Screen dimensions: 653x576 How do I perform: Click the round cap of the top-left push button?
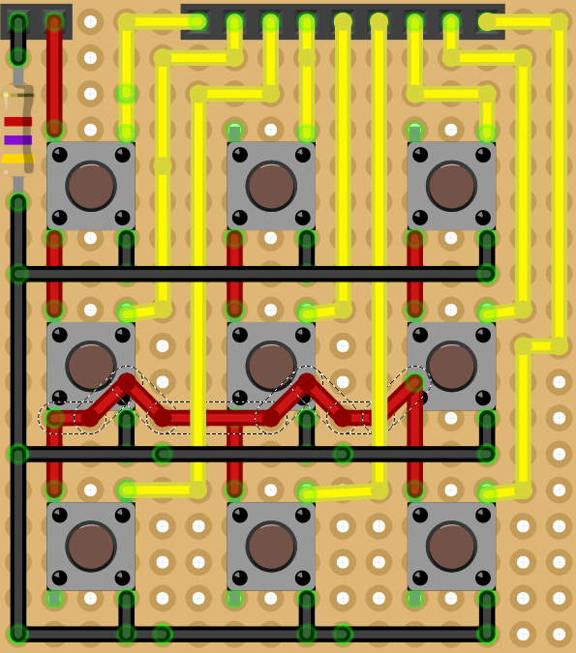tap(91, 186)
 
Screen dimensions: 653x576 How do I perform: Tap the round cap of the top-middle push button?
tap(271, 186)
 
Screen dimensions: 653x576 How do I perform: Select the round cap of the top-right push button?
tap(451, 186)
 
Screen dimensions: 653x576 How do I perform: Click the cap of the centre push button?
tap(271, 366)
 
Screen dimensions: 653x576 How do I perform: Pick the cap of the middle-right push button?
tap(451, 366)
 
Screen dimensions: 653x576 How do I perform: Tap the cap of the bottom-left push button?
tap(91, 547)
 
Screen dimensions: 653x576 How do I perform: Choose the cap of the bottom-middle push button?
tap(271, 547)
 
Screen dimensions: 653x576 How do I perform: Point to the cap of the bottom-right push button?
tap(451, 547)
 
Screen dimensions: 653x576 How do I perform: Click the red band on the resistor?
tap(17, 122)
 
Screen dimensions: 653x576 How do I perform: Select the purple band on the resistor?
tap(17, 140)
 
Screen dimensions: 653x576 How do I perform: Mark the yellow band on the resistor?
tap(17, 159)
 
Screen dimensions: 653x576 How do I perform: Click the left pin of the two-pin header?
tap(18, 21)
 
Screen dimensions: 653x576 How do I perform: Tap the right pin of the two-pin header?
tap(54, 21)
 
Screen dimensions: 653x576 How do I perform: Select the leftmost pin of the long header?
tap(198, 21)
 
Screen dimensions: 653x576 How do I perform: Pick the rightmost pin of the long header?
tap(487, 21)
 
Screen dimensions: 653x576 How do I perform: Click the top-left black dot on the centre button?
tap(240, 335)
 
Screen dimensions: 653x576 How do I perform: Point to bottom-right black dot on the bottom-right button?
tap(483, 578)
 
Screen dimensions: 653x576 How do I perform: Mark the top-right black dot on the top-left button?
tap(122, 155)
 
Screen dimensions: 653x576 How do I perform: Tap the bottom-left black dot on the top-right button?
tap(420, 218)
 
